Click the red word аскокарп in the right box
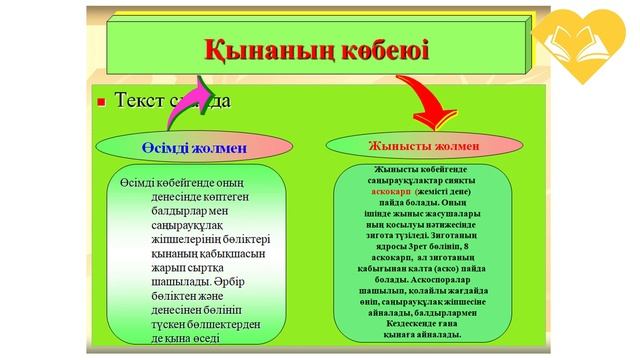pos(392,189)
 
